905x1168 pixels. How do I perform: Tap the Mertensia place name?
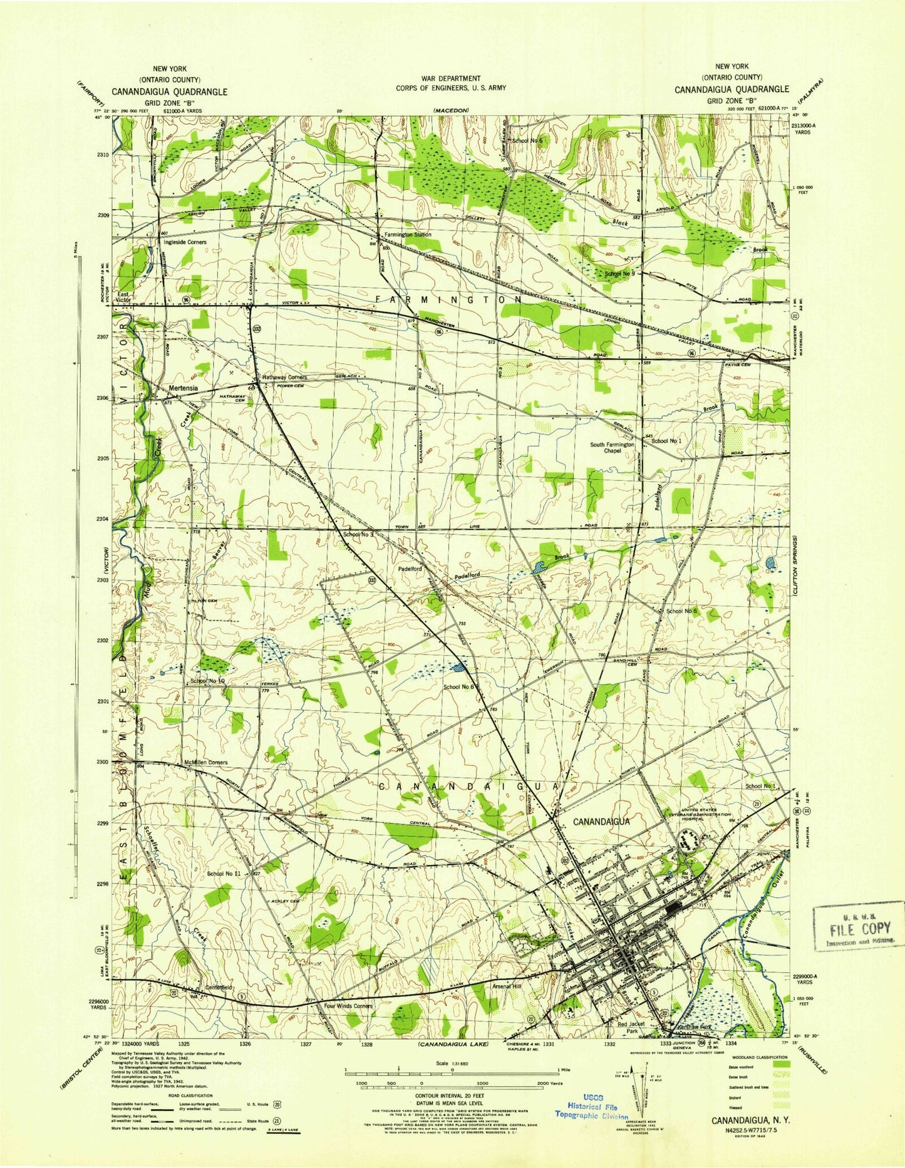[183, 388]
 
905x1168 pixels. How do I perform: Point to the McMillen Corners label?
[205, 762]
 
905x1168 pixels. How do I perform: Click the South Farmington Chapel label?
[613, 447]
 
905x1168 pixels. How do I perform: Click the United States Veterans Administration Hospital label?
[700, 814]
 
